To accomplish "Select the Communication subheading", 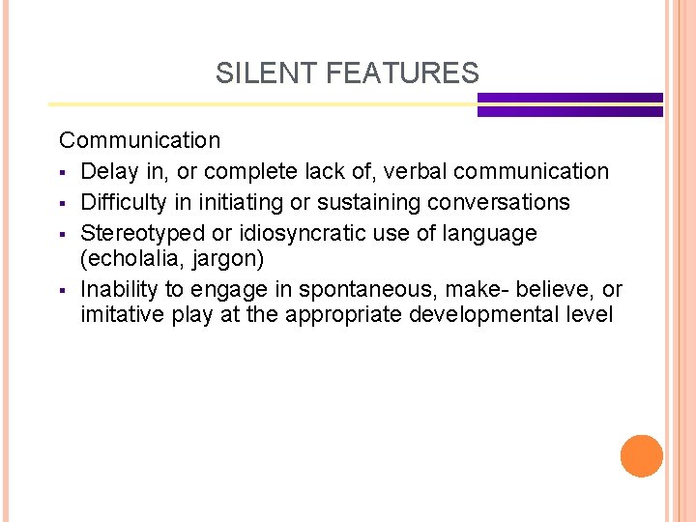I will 140,140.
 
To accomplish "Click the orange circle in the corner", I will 641,456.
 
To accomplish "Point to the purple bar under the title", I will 569,104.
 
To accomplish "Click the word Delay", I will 110,172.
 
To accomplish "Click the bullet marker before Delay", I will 64,173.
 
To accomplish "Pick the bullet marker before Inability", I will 64,290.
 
